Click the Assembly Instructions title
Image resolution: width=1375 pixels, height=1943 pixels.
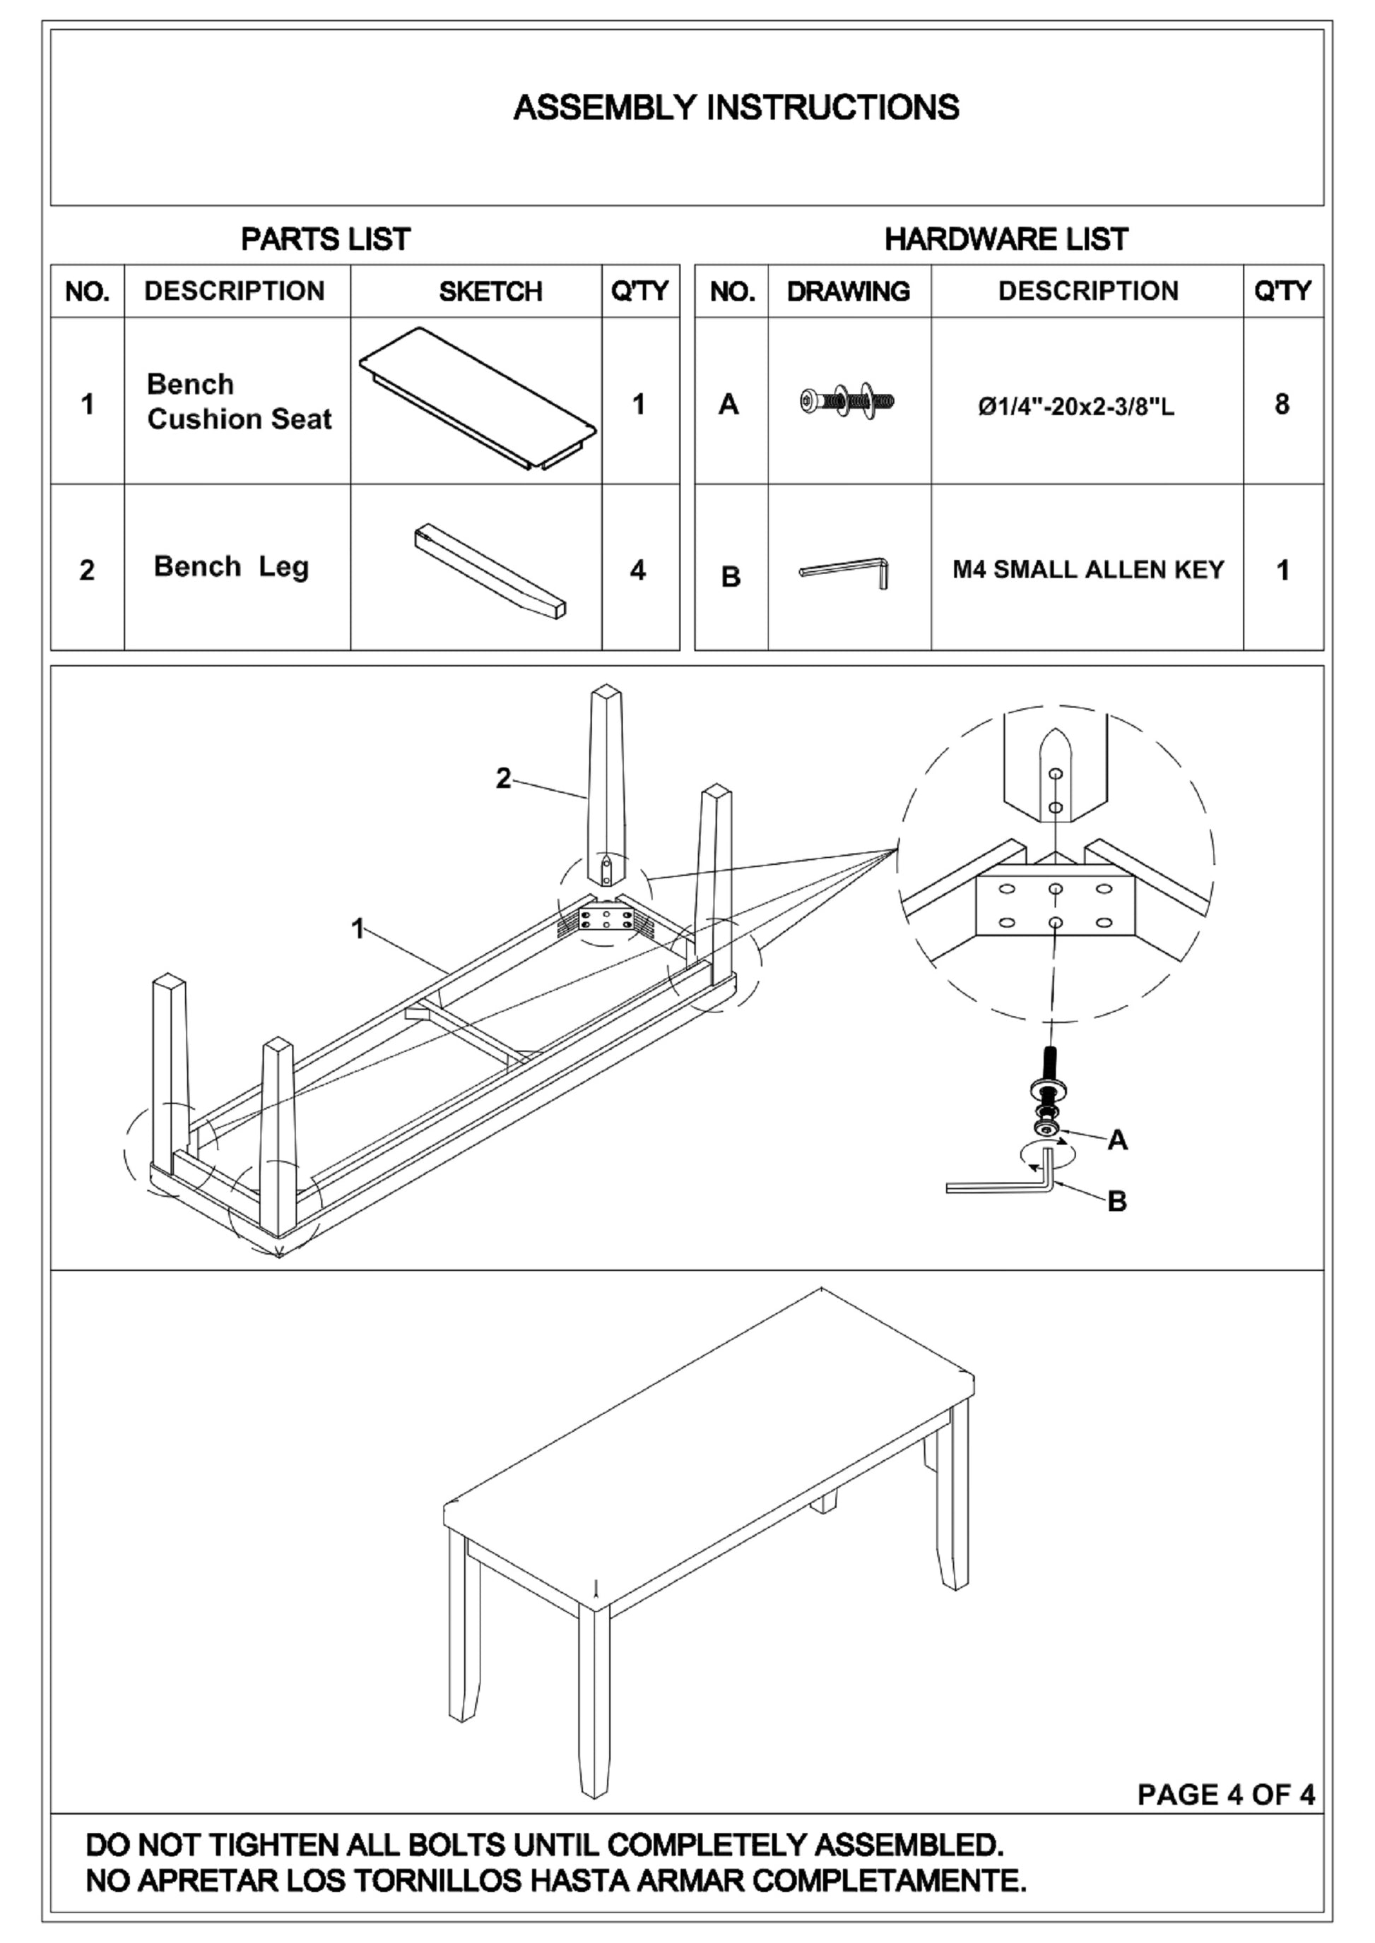tap(736, 108)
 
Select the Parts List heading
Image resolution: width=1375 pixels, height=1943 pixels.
tap(325, 239)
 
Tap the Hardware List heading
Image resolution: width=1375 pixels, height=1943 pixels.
tap(1006, 239)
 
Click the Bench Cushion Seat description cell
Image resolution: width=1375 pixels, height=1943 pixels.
tap(239, 402)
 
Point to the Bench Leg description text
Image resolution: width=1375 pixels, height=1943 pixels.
tap(231, 567)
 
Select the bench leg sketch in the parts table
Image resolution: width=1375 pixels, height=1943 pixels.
tap(490, 570)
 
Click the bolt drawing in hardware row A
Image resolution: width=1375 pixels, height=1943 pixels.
tap(847, 400)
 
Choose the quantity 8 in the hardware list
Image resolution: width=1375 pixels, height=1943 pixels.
tap(1282, 405)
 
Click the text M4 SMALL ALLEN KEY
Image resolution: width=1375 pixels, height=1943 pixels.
tap(1088, 570)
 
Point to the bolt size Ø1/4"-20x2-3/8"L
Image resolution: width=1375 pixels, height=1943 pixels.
tap(1076, 407)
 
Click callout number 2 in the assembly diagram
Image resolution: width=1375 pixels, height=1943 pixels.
tap(503, 779)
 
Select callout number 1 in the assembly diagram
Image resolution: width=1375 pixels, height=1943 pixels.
tap(358, 929)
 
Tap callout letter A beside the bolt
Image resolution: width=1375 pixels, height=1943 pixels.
tap(1117, 1141)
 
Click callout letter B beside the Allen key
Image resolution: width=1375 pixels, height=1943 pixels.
tap(1117, 1201)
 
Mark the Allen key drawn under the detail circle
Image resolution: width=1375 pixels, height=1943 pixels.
tap(999, 1185)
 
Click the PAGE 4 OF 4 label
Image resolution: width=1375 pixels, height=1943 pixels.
tap(1225, 1794)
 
